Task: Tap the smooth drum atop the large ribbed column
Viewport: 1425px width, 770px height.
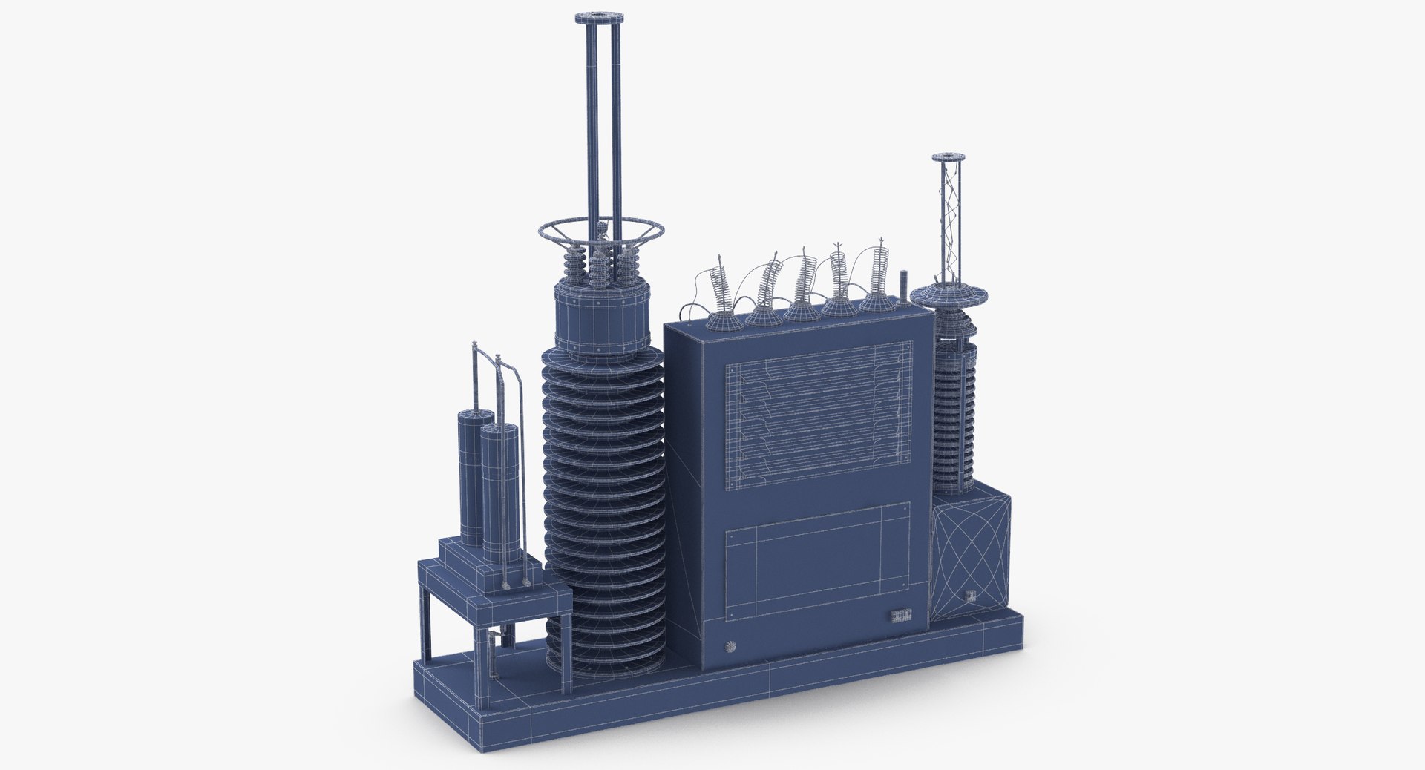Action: [603, 318]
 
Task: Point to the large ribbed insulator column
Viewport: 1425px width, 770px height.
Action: [603, 504]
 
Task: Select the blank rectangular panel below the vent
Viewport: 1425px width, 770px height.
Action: [817, 571]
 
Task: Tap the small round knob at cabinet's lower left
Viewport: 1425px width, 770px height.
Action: [730, 646]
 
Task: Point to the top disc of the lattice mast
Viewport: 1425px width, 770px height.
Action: [949, 157]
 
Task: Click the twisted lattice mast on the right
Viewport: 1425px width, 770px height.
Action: [949, 223]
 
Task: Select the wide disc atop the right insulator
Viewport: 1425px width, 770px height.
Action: [949, 295]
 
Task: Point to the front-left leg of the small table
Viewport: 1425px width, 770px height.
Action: [429, 623]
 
